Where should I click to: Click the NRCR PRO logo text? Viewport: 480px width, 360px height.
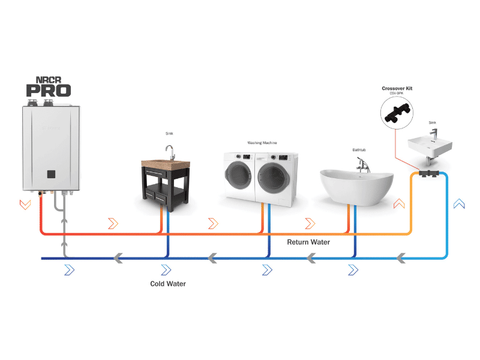[x=48, y=86]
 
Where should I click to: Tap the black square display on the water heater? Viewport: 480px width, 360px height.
[x=51, y=174]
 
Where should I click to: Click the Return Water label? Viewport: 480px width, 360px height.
[x=308, y=242]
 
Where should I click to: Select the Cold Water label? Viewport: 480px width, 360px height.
[x=167, y=284]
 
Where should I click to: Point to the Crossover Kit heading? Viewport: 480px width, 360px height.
[x=397, y=89]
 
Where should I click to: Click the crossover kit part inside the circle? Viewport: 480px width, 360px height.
[x=397, y=114]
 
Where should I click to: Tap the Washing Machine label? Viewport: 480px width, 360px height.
[x=262, y=143]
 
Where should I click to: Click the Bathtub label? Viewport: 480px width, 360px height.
[x=359, y=150]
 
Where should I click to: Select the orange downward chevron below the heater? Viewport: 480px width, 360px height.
[x=25, y=204]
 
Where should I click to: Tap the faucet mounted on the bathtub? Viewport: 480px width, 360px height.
[x=362, y=164]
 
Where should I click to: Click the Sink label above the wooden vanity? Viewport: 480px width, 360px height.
[x=169, y=133]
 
